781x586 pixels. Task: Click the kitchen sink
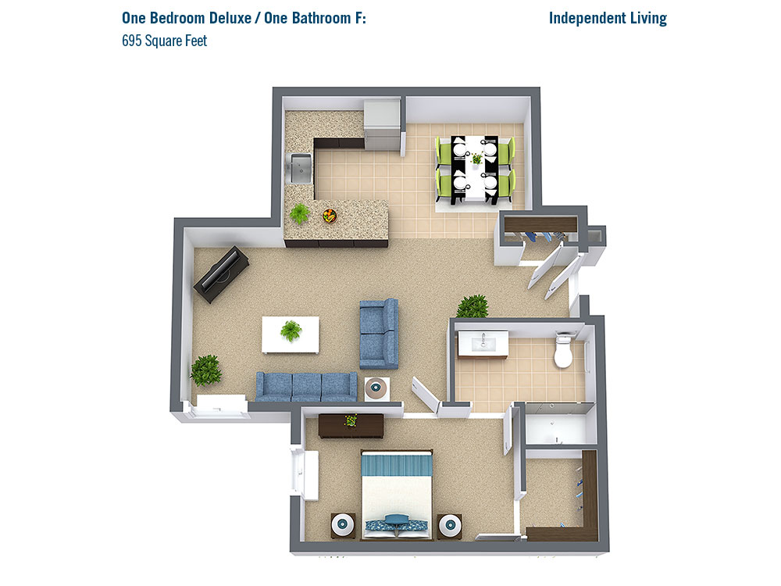(x=301, y=169)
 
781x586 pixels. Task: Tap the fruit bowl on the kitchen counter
(x=330, y=216)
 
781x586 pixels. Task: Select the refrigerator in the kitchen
(x=382, y=124)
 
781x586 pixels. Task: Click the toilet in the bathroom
(x=563, y=351)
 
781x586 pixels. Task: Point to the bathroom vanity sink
(x=483, y=343)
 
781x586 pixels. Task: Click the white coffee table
(x=291, y=335)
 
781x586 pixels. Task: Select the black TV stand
(x=221, y=274)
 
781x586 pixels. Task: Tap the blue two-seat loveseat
(x=379, y=334)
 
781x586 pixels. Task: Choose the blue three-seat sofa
(x=306, y=387)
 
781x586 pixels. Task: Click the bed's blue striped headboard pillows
(x=397, y=466)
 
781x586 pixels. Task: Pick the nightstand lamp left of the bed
(x=343, y=525)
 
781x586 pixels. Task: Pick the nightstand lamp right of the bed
(x=451, y=526)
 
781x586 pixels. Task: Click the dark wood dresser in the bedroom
(x=351, y=426)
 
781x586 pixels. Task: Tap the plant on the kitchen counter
(x=299, y=214)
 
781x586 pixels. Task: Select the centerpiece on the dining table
(x=476, y=159)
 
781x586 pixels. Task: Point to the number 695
(x=132, y=41)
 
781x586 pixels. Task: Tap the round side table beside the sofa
(x=377, y=388)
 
